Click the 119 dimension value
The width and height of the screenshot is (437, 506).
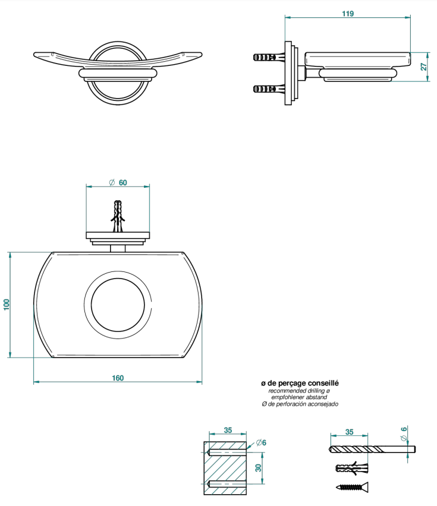coord(348,14)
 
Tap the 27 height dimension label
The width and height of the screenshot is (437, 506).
coord(424,67)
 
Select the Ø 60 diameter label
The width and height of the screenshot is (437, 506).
coord(118,182)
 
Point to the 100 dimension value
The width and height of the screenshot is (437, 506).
coord(7,305)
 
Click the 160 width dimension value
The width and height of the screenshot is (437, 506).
coord(118,378)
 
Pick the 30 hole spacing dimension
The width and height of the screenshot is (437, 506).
coord(259,467)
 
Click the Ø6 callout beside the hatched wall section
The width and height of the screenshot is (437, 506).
coord(261,443)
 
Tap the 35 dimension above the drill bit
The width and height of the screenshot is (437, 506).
coord(349,432)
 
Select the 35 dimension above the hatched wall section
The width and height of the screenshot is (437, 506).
coord(228,430)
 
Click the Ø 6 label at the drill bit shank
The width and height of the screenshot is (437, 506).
coord(404,434)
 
